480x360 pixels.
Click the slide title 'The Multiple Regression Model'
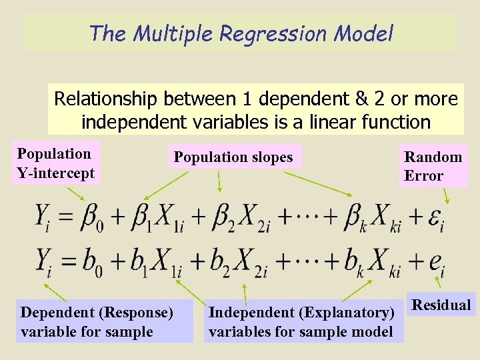pyautogui.click(x=241, y=33)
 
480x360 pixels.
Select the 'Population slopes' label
pyautogui.click(x=233, y=157)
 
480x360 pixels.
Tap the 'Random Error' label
pyautogui.click(x=433, y=167)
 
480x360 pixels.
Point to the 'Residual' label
pyautogui.click(x=441, y=305)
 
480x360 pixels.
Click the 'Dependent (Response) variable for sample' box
pyautogui.click(x=97, y=322)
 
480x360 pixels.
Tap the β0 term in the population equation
pyautogui.click(x=92, y=218)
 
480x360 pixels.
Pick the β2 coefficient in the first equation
pyautogui.click(x=225, y=218)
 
